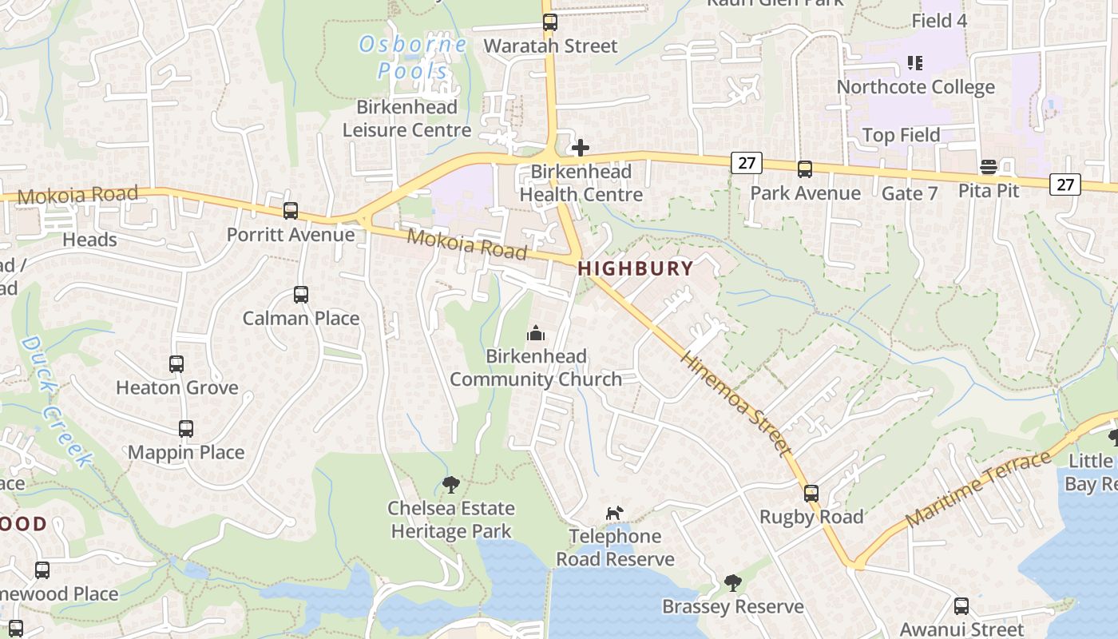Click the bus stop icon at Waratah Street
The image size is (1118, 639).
pos(549,22)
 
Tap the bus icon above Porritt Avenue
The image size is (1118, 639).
pos(291,211)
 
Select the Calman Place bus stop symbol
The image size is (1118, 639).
pos(301,295)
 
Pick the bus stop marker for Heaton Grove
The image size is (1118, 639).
pos(176,364)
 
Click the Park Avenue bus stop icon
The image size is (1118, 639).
pos(805,169)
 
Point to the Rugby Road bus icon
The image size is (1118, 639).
pos(811,494)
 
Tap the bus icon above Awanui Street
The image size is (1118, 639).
pos(961,606)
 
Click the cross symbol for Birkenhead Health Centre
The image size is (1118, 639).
pos(581,148)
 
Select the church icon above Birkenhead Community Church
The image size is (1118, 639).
pos(536,333)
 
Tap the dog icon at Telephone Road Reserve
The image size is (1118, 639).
pos(614,513)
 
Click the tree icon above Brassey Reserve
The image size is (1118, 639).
pos(732,583)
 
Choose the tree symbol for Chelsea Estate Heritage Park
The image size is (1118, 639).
pos(451,484)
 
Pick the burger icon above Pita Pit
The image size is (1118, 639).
pos(989,167)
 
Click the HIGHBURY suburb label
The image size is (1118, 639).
pos(636,268)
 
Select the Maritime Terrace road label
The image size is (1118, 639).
pos(979,489)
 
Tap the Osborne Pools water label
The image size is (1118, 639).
pos(413,58)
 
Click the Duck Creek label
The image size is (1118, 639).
pos(56,401)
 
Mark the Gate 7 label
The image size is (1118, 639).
pos(910,193)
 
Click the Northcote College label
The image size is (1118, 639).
pos(915,87)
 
